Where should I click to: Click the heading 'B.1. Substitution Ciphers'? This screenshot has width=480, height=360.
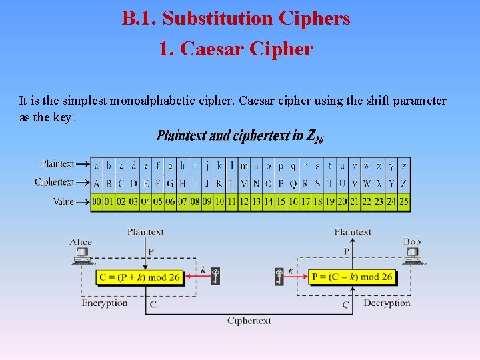[236, 19]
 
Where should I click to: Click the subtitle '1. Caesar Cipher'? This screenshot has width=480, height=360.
[236, 49]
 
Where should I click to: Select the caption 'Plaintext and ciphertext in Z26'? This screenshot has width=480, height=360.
[240, 136]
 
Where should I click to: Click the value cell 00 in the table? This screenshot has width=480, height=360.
[97, 201]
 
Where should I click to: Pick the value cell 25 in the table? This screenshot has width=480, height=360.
[404, 201]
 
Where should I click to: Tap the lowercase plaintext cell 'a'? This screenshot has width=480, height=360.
[97, 165]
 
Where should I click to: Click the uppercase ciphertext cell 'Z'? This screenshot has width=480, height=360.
[404, 183]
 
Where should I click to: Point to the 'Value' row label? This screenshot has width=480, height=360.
[63, 201]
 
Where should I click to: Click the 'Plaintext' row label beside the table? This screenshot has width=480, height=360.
[58, 163]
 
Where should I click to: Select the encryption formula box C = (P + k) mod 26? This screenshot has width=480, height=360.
[139, 277]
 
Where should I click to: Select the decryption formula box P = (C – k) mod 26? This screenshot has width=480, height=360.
[352, 277]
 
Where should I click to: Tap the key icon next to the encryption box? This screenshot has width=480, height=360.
[215, 275]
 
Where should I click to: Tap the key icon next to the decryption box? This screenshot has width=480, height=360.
[279, 275]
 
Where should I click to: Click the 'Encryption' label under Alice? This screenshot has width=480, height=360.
[104, 303]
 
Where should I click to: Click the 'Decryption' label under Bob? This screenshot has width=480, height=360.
[387, 303]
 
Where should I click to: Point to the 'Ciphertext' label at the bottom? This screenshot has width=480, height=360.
[249, 321]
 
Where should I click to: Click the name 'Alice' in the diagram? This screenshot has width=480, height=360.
[81, 241]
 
